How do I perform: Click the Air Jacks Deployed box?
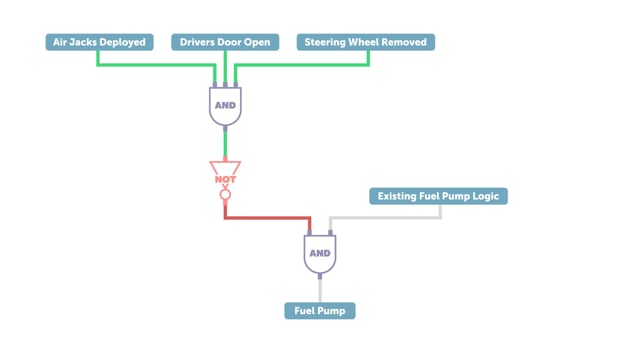pyautogui.click(x=100, y=42)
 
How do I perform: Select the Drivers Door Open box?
pyautogui.click(x=225, y=42)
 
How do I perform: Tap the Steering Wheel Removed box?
pyautogui.click(x=366, y=42)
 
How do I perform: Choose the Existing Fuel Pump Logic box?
pyautogui.click(x=438, y=196)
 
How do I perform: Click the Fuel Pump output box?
pyautogui.click(x=320, y=311)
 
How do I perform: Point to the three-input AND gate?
pyautogui.click(x=225, y=105)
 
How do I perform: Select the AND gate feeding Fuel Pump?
pyautogui.click(x=320, y=253)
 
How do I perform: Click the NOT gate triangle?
pyautogui.click(x=225, y=168)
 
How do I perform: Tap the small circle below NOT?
pyautogui.click(x=225, y=195)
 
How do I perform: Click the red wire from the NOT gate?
pyautogui.click(x=267, y=218)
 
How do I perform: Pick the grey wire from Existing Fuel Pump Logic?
pyautogui.click(x=385, y=218)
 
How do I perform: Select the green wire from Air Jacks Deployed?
pyautogui.click(x=156, y=64)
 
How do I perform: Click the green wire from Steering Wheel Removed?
pyautogui.click(x=302, y=64)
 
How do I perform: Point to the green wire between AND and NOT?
pyautogui.click(x=225, y=144)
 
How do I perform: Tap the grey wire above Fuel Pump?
pyautogui.click(x=320, y=290)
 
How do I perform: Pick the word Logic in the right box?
pyautogui.click(x=486, y=196)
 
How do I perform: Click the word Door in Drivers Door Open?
pyautogui.click(x=230, y=42)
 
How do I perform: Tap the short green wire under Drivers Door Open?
pyautogui.click(x=225, y=67)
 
